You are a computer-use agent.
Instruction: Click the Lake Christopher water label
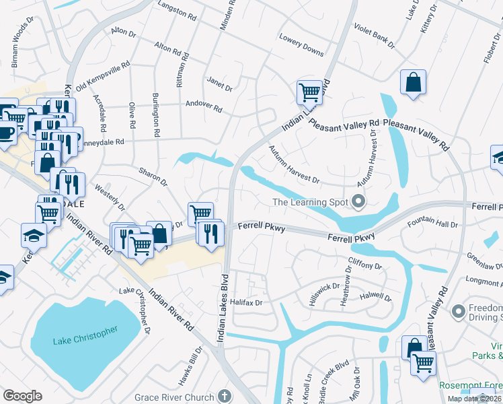[85, 335]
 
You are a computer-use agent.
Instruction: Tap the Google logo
[22, 396]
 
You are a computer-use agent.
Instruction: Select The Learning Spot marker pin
[358, 201]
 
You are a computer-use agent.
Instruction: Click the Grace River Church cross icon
[224, 397]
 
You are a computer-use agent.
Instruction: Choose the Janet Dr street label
[219, 84]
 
